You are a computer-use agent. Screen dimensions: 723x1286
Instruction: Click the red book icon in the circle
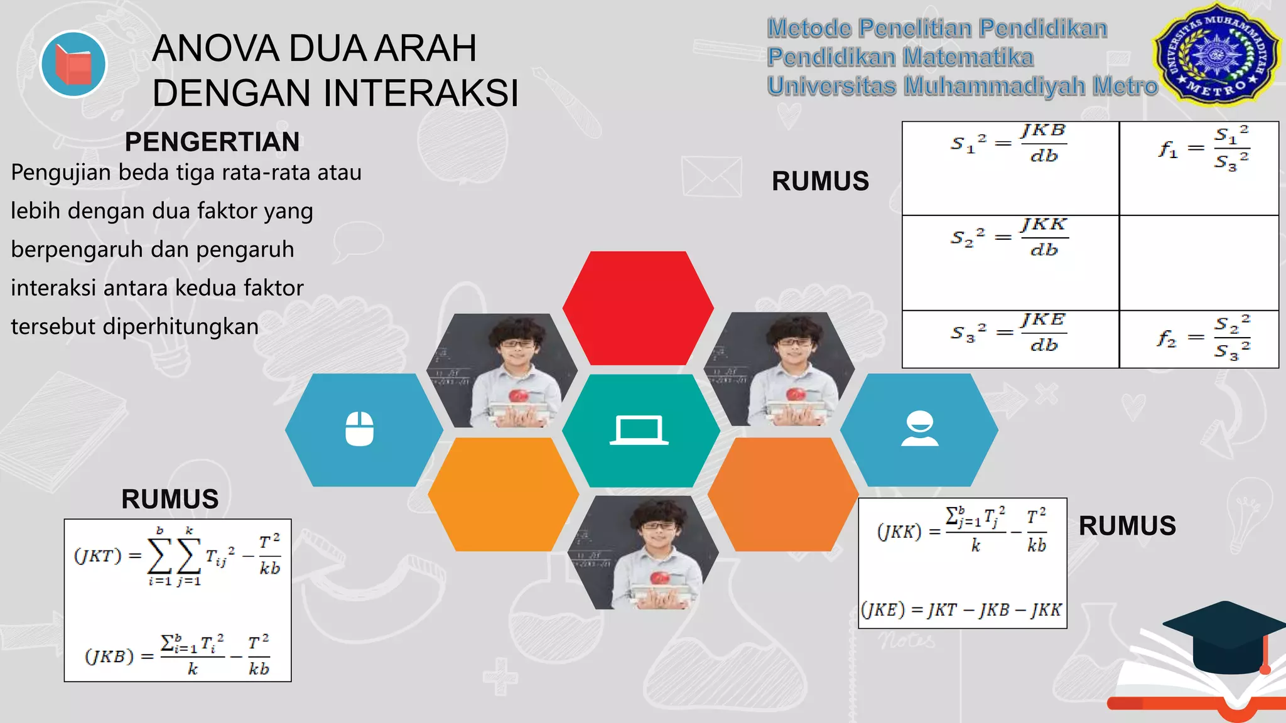click(73, 64)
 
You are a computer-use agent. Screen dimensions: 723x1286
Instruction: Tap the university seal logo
click(1216, 55)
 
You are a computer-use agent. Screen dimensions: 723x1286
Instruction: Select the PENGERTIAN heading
click(212, 142)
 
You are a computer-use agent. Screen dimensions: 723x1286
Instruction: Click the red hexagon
click(638, 308)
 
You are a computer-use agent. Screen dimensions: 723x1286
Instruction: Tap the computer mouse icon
click(360, 429)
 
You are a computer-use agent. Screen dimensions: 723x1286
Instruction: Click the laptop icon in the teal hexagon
click(639, 431)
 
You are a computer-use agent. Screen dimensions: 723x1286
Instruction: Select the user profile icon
click(920, 429)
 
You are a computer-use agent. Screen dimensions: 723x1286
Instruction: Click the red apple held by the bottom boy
click(659, 578)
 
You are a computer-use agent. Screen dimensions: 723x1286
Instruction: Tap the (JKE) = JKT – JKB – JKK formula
click(961, 609)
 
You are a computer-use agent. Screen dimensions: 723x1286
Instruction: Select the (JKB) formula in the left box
click(177, 656)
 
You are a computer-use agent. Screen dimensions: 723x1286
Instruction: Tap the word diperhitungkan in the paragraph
click(180, 326)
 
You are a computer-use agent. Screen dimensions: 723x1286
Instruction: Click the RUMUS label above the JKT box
click(170, 500)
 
